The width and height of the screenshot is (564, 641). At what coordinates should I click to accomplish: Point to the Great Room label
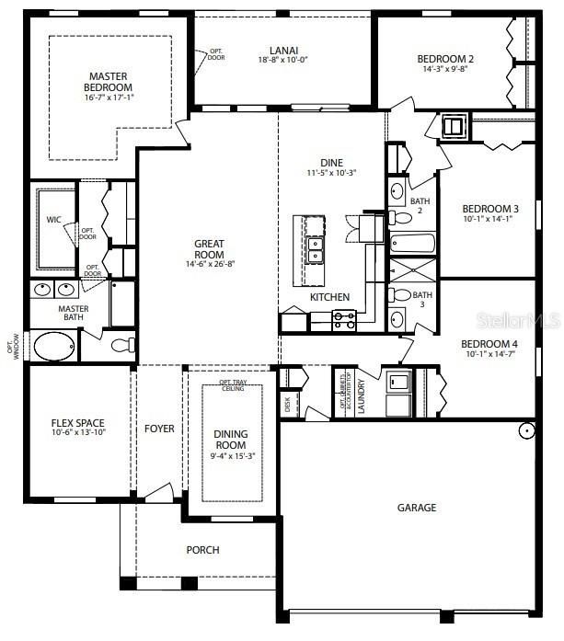click(209, 249)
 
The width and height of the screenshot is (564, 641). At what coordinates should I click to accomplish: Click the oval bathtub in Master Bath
click(56, 346)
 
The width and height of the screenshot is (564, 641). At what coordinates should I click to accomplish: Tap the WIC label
click(53, 220)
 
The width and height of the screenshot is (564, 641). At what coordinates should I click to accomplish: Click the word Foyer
click(159, 429)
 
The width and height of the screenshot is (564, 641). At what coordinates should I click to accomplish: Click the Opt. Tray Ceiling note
click(232, 385)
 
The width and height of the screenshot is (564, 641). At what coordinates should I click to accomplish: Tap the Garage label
click(416, 508)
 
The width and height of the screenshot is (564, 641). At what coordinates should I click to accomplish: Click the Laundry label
click(362, 394)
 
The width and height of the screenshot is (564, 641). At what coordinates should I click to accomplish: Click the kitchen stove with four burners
click(343, 320)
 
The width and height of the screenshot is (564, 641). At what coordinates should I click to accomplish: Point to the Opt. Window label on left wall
click(12, 347)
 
